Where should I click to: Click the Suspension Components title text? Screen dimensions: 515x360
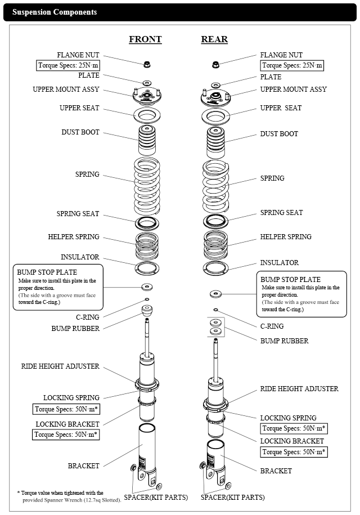(x=55, y=12)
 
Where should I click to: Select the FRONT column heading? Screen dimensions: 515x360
(x=145, y=39)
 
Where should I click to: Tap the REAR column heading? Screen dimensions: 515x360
(x=214, y=39)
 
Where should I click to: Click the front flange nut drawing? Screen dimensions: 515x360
(x=147, y=63)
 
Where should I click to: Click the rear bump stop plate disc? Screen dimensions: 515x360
(x=215, y=294)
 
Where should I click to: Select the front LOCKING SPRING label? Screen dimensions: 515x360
(x=71, y=398)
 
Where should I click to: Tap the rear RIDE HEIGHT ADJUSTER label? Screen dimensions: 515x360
(x=299, y=389)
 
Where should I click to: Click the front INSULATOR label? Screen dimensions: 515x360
(x=80, y=257)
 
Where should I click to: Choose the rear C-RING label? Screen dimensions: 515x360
(x=272, y=326)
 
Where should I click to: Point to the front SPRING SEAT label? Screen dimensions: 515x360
(x=78, y=214)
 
